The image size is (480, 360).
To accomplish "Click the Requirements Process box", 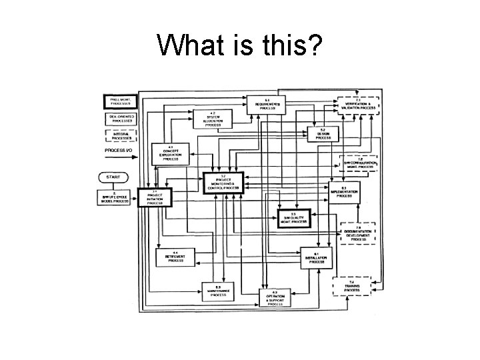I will (267, 104).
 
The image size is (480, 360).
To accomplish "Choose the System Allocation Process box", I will (212, 119).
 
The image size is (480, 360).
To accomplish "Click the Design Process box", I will (323, 134).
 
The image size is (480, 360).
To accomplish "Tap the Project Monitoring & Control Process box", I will (224, 182).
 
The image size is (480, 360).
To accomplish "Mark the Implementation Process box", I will (344, 193).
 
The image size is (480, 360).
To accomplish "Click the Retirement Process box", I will (175, 257).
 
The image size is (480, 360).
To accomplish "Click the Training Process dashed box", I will (352, 287).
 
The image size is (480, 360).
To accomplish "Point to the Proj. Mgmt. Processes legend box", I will (119, 102).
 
